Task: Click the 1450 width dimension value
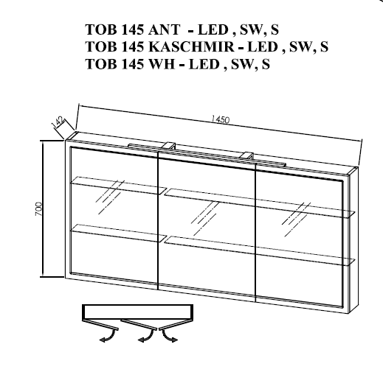click(x=221, y=119)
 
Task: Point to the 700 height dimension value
click(x=38, y=209)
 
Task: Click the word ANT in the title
click(x=164, y=29)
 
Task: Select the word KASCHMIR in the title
click(x=191, y=46)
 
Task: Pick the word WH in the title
click(x=162, y=64)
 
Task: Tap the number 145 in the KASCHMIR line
click(x=132, y=46)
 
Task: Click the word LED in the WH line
click(x=204, y=64)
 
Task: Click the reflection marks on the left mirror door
click(x=110, y=197)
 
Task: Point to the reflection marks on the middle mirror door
click(x=205, y=218)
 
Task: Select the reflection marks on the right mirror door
click(x=296, y=219)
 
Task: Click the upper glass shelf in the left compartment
click(x=119, y=185)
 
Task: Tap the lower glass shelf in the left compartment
click(x=119, y=233)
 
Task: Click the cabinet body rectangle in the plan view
click(x=137, y=312)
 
